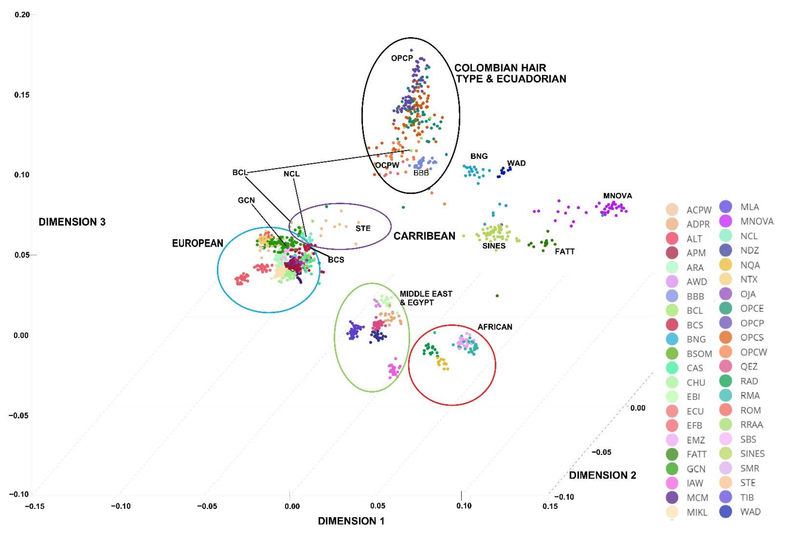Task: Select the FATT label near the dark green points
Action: click(564, 251)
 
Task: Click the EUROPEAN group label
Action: click(198, 243)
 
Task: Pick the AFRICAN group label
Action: click(495, 327)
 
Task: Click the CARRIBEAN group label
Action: click(424, 236)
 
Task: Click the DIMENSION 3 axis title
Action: click(72, 222)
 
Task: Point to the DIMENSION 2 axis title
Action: click(602, 475)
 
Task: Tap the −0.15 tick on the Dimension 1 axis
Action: click(34, 506)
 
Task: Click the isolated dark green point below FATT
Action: click(497, 296)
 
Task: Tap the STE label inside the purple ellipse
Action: click(363, 228)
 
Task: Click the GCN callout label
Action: click(246, 200)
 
